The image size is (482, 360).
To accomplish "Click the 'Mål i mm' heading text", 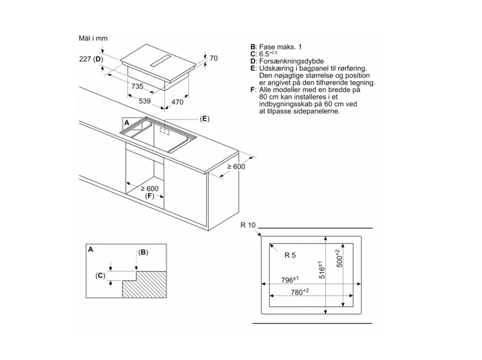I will tap(93, 38).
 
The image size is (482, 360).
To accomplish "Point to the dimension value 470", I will tap(177, 102).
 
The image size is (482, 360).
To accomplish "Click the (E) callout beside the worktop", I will tap(204, 119).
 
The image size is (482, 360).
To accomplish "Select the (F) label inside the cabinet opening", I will tap(149, 196).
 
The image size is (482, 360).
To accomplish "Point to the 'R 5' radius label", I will tap(290, 256).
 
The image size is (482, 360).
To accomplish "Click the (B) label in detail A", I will tap(143, 253).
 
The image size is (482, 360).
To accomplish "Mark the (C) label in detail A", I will tap(100, 275).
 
